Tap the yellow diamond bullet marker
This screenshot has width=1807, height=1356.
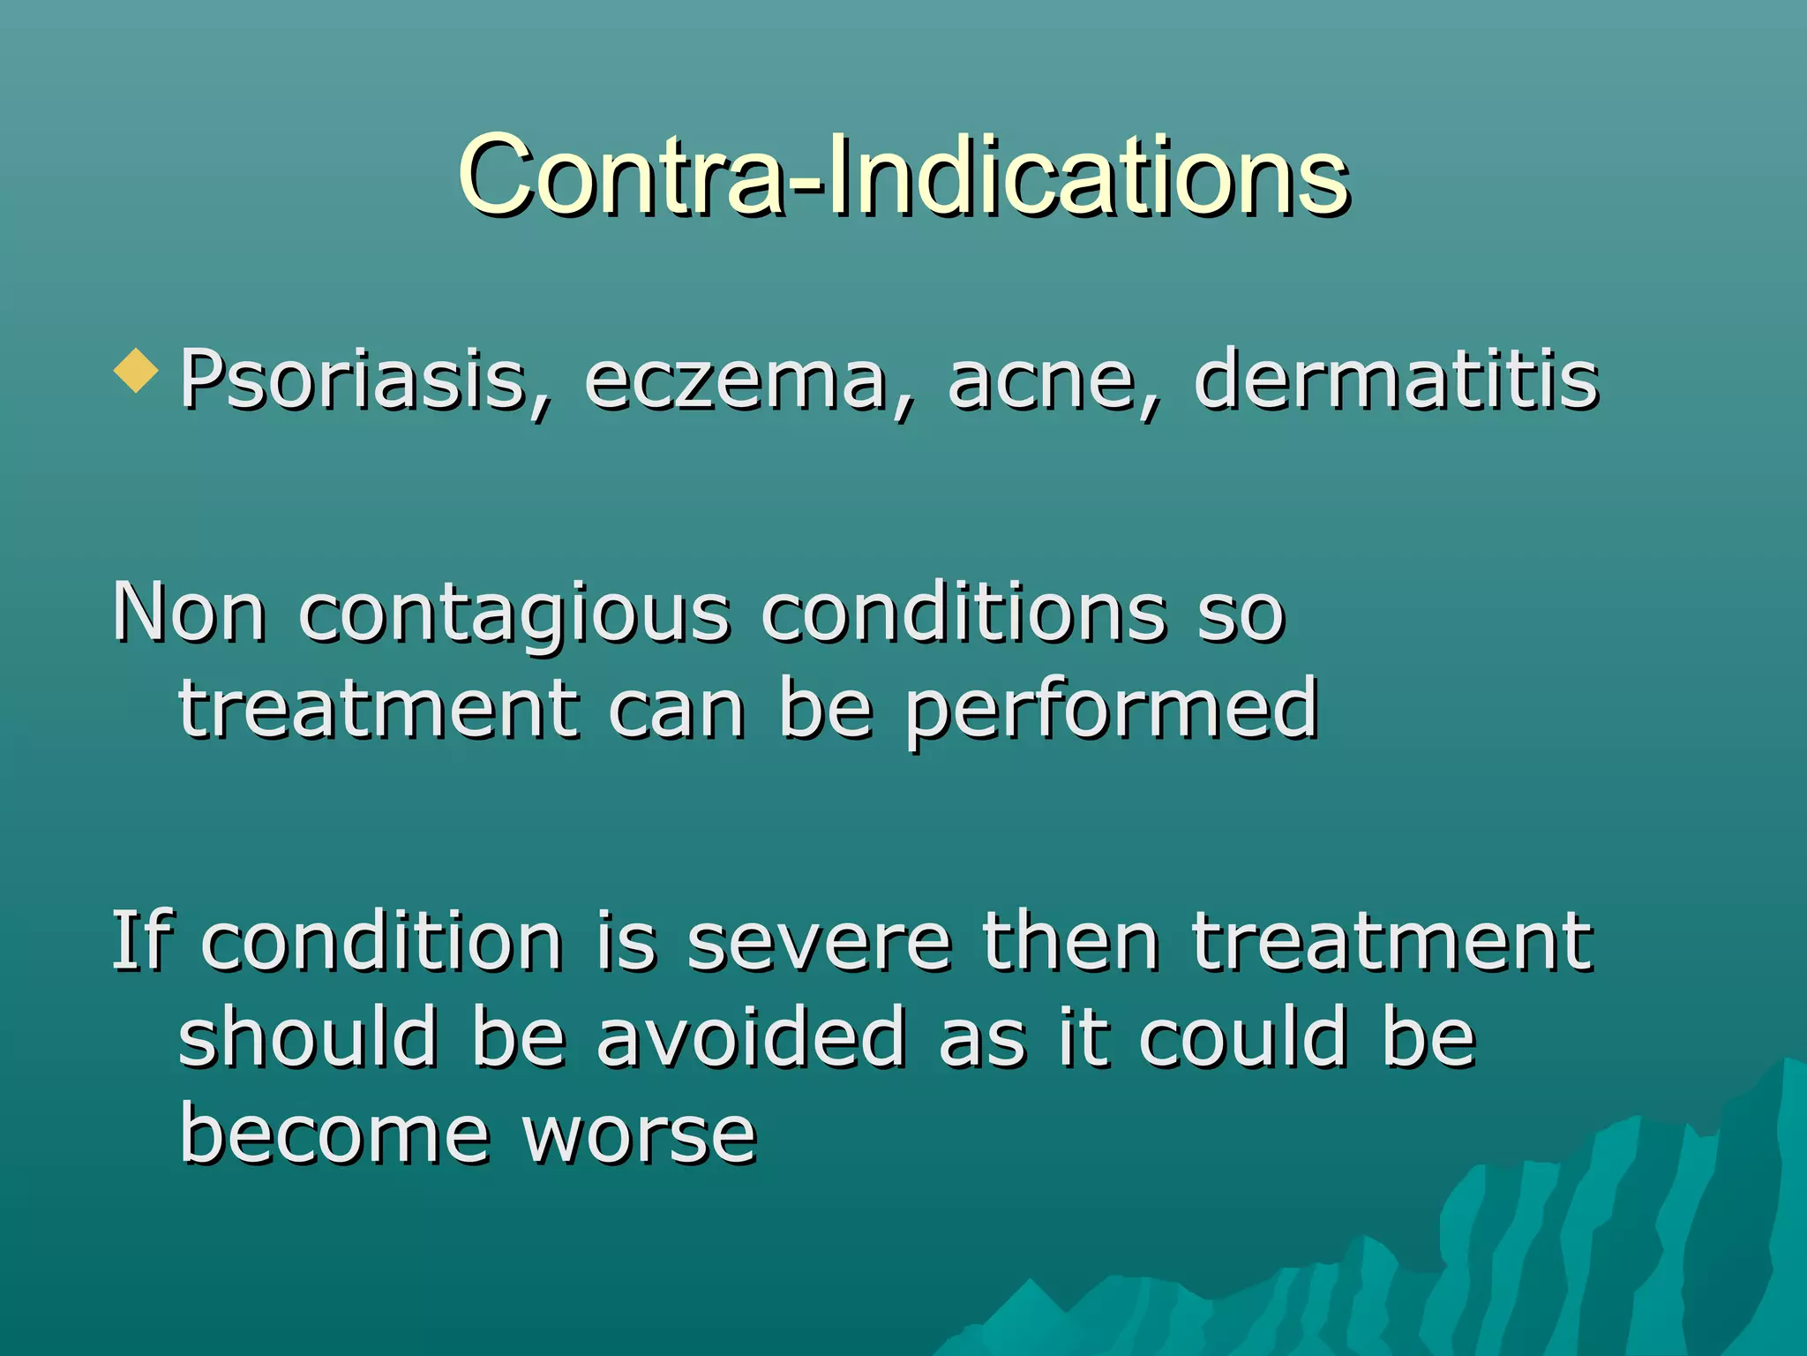point(136,370)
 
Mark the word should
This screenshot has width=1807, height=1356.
point(308,1036)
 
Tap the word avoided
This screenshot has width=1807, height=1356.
point(752,1036)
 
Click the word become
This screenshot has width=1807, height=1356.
point(334,1134)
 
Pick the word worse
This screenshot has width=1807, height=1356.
point(640,1135)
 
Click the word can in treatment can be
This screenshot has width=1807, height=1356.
point(677,712)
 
